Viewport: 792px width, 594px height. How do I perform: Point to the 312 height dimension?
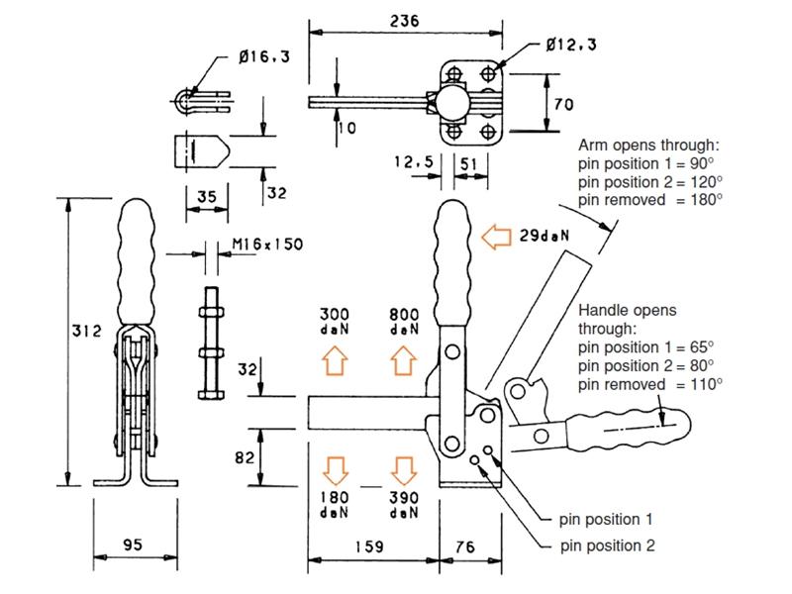(87, 332)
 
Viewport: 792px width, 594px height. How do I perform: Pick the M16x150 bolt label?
(267, 245)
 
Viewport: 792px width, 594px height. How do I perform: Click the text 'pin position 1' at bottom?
(607, 518)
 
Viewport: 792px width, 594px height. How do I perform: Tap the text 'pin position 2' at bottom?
(607, 544)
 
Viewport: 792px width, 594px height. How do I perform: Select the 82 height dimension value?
(246, 456)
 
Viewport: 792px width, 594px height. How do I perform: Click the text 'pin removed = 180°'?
(650, 198)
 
